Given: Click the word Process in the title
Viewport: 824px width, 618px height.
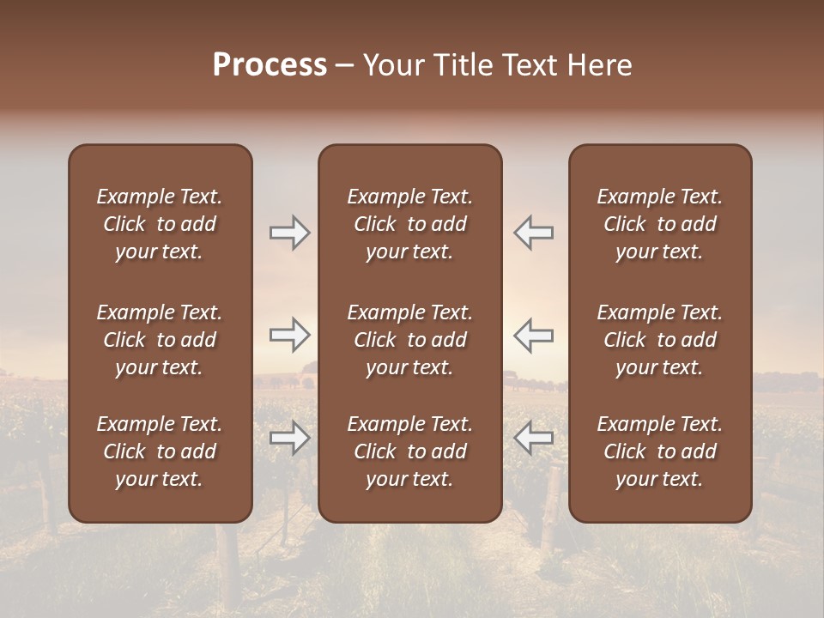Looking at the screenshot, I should (x=270, y=65).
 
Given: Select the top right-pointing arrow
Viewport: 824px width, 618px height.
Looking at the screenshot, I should (x=290, y=233).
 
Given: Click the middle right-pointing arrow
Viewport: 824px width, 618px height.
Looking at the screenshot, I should (x=290, y=335).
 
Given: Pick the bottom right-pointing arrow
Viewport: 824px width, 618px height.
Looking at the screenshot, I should (x=290, y=438).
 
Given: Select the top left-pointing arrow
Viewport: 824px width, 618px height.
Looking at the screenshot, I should (x=533, y=233).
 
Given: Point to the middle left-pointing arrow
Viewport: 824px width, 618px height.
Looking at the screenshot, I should (x=533, y=335).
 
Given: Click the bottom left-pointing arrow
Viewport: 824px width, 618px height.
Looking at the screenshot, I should (x=533, y=438).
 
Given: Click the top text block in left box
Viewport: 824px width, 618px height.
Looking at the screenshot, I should (x=160, y=224).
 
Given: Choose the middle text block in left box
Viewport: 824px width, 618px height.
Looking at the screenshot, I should (x=160, y=340).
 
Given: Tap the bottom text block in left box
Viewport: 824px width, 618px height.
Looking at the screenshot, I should (x=160, y=451).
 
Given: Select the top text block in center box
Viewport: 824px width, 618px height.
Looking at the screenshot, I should (x=409, y=224).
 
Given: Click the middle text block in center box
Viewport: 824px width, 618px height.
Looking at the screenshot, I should (x=409, y=340).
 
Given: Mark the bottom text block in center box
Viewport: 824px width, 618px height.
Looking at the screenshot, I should (x=409, y=451).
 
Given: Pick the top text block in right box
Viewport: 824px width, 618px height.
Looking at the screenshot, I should (x=659, y=224).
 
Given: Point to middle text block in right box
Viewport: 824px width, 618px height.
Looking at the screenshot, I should (x=659, y=340).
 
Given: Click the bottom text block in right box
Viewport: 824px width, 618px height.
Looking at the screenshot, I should (x=659, y=451).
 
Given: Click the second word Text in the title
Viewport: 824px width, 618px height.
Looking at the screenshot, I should (x=531, y=65).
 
